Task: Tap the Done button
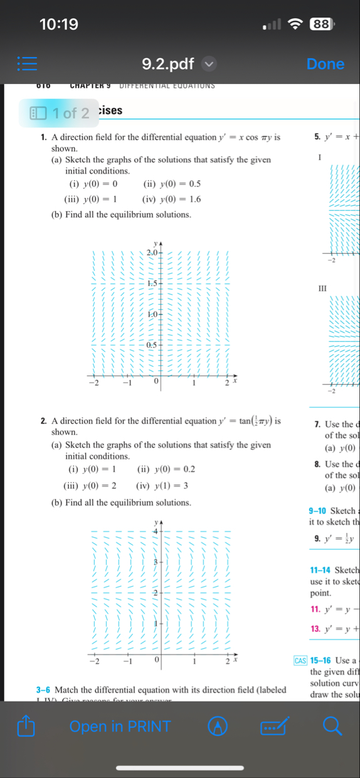[x=325, y=64]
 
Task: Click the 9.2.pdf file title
[x=168, y=64]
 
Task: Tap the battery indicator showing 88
[x=321, y=24]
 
